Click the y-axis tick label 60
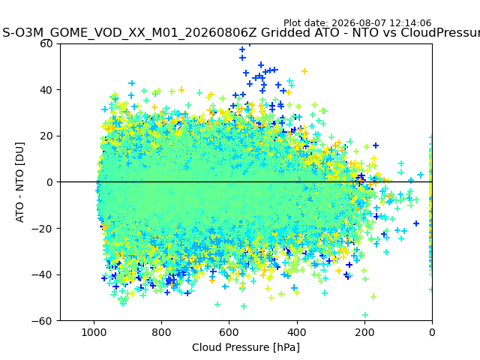[x=46, y=43]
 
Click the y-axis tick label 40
[x=46, y=90]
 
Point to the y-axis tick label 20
[x=46, y=136]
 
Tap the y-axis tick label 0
[x=49, y=182]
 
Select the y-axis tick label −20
[x=42, y=229]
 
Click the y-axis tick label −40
[x=42, y=275]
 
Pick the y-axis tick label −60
[x=42, y=321]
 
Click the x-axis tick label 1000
[x=94, y=332]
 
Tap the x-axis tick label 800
[x=162, y=332]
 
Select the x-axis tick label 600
[x=229, y=332]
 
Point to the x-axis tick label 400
[x=297, y=332]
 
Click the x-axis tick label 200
[x=364, y=332]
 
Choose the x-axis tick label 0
[x=432, y=332]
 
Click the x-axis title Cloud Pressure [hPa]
[x=246, y=348]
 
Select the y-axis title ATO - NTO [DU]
[x=19, y=182]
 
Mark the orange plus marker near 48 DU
[x=304, y=71]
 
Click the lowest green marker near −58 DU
[x=365, y=315]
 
